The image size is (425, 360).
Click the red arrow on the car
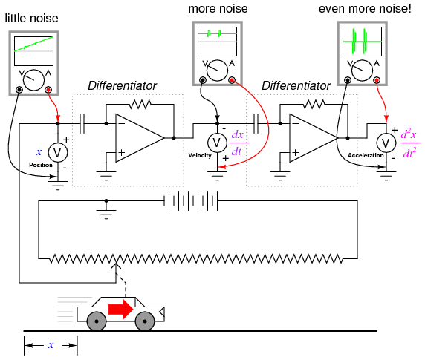[x=120, y=309]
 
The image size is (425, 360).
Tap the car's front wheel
[x=145, y=321]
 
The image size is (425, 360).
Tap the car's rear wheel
[x=97, y=321]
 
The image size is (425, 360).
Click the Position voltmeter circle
[x=58, y=152]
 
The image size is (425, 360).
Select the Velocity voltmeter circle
[x=217, y=143]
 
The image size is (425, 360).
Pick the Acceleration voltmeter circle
[x=386, y=143]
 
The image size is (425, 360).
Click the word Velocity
[x=200, y=155]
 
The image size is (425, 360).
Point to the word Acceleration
[x=366, y=155]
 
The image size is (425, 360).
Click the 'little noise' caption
[x=31, y=19]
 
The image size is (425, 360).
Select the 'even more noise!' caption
[x=365, y=9]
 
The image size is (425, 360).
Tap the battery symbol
[x=190, y=201]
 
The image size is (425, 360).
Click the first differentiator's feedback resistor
[x=140, y=104]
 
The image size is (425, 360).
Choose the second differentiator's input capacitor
[x=256, y=124]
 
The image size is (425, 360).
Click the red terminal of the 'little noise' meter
[x=48, y=90]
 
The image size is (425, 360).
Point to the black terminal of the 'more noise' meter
[x=203, y=80]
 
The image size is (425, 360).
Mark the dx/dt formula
[x=239, y=143]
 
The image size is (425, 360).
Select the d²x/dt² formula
[x=409, y=143]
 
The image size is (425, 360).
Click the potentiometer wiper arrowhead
[x=116, y=266]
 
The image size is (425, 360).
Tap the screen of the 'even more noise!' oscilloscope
[x=362, y=42]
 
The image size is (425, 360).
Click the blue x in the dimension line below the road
[x=51, y=345]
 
